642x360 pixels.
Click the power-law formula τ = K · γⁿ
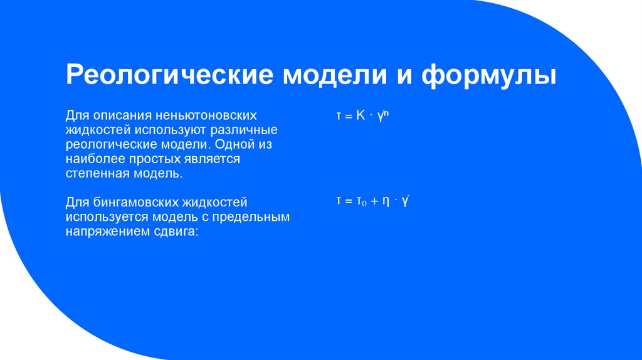click(x=363, y=115)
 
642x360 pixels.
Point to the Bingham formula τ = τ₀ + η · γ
click(x=372, y=201)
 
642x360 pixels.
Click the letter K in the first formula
click(x=360, y=115)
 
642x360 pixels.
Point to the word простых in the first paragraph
click(x=147, y=159)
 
